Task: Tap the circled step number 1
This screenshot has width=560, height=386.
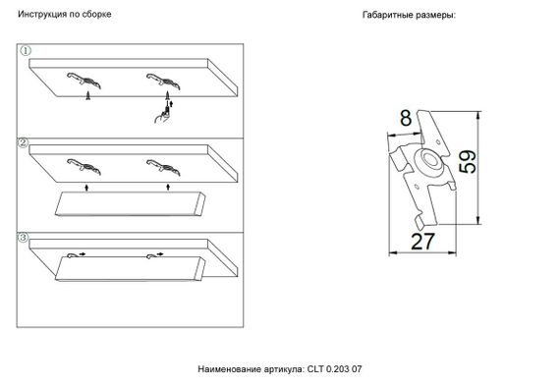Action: (x=26, y=50)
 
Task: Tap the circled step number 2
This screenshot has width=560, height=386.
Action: (x=23, y=142)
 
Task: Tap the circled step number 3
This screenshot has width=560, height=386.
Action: (x=23, y=237)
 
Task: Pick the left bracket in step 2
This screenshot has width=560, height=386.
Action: (x=80, y=165)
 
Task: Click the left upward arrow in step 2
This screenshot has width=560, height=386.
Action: (x=87, y=184)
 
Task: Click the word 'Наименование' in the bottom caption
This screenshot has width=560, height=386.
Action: (x=228, y=369)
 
